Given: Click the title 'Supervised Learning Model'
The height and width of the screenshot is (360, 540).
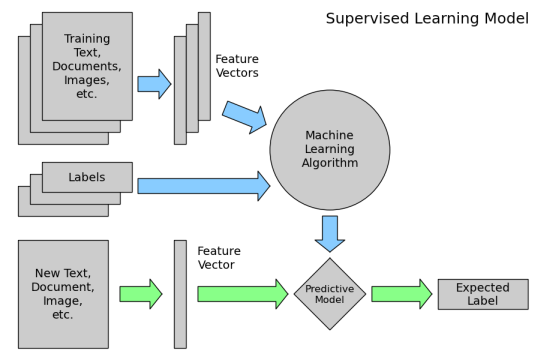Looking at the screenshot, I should point(427,19).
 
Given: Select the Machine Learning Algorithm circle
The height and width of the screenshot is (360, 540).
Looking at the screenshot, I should point(330,150).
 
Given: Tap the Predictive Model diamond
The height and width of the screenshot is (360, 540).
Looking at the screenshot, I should point(330,294).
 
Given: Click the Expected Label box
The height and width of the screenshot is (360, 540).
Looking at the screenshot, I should point(483,294).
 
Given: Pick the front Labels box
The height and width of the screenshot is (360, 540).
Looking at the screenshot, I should point(87,178).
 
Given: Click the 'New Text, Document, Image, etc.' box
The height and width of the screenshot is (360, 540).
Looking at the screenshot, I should point(63,294).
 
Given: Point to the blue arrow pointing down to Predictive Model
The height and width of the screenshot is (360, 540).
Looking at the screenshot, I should point(330,233).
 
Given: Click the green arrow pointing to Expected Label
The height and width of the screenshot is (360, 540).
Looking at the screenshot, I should point(401,294).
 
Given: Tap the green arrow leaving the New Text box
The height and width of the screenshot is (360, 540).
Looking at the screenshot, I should point(140,294).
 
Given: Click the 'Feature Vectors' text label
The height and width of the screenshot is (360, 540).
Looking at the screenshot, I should point(236,66).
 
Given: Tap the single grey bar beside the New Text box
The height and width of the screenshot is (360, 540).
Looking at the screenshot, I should point(180,294).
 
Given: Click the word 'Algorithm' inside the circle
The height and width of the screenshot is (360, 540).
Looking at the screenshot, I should point(330,163).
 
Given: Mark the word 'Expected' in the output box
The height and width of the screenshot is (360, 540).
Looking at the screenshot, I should point(483,287).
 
